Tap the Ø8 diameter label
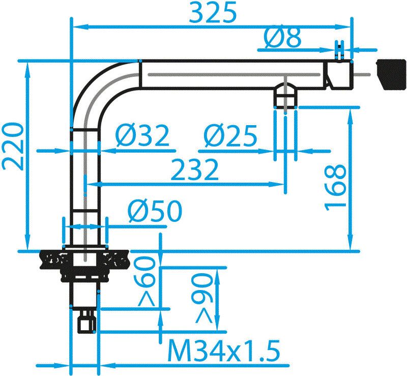pyautogui.click(x=283, y=38)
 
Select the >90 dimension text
pyautogui.click(x=203, y=297)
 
